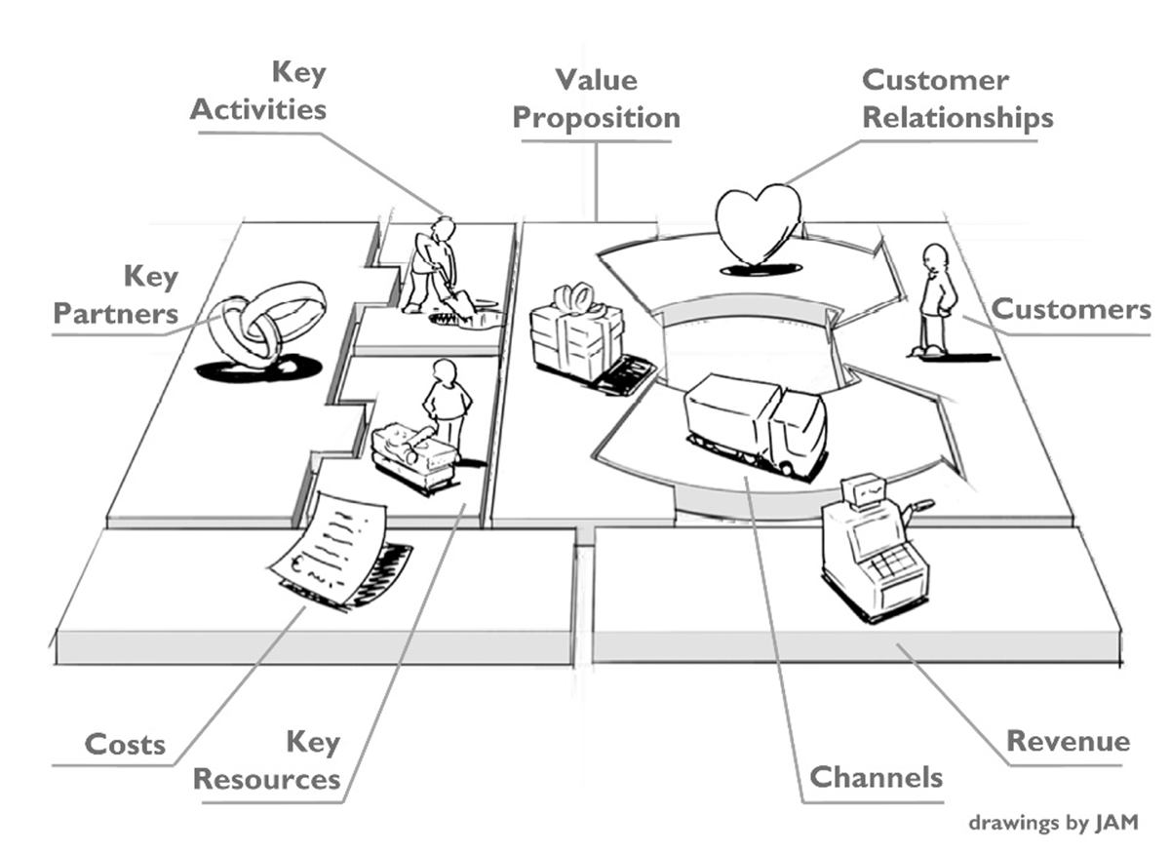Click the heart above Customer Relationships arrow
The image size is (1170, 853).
tap(759, 222)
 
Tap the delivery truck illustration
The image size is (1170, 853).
tap(757, 424)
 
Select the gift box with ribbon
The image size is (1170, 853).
tap(576, 337)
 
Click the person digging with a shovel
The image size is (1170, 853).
tap(435, 267)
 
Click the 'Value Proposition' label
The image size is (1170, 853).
tap(596, 98)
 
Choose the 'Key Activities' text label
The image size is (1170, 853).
tap(257, 91)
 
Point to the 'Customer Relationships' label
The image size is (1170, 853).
tap(957, 98)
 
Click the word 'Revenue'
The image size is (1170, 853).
tap(1068, 741)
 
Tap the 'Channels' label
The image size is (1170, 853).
tap(877, 777)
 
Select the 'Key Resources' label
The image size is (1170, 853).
tap(267, 761)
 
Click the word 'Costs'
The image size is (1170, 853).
tap(125, 745)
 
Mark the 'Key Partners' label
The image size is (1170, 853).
tap(116, 295)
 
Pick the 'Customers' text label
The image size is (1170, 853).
tap(1071, 310)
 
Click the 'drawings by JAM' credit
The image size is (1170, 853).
tap(1053, 823)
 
